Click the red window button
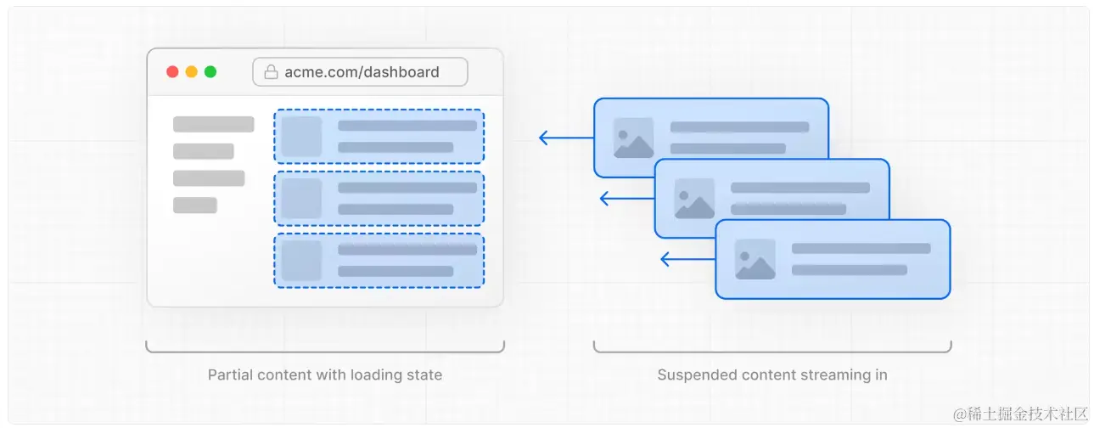click(172, 72)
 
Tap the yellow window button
click(192, 72)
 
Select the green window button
click(210, 72)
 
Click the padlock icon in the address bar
click(272, 72)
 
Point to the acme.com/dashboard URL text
click(362, 72)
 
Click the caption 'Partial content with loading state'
click(325, 374)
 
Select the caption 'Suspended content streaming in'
click(772, 374)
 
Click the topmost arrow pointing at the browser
click(566, 138)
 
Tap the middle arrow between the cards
click(626, 199)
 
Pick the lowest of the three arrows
click(687, 259)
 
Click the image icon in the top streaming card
click(633, 138)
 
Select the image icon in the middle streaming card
click(694, 199)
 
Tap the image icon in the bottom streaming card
click(755, 260)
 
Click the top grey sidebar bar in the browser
click(213, 125)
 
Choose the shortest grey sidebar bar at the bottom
click(194, 206)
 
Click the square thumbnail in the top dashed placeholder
click(301, 137)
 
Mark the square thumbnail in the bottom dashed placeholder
click(301, 261)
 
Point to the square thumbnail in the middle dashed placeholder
click(301, 199)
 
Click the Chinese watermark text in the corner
click(1020, 414)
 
